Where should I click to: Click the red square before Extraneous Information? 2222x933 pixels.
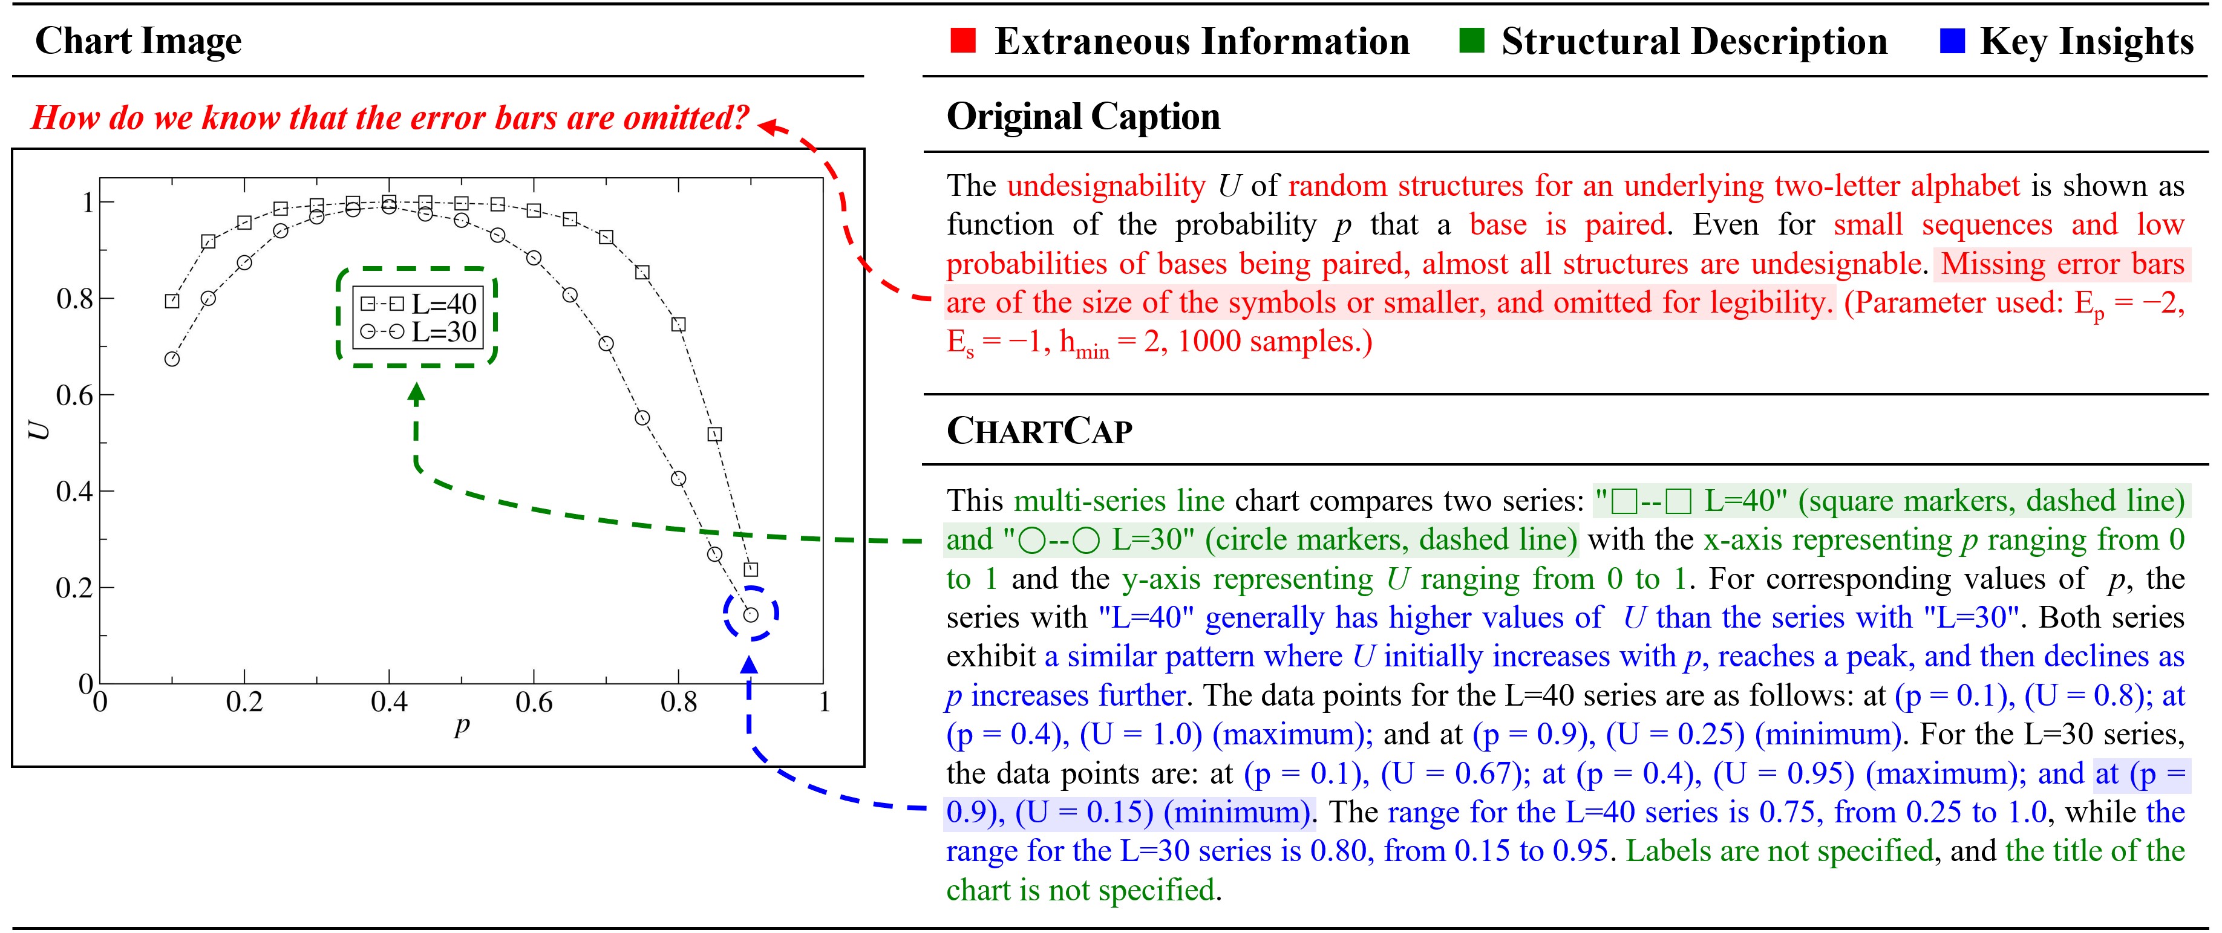[962, 41]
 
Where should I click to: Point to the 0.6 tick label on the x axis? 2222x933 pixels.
[533, 703]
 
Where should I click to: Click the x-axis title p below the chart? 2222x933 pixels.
[462, 726]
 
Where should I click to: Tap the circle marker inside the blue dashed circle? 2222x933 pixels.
[750, 615]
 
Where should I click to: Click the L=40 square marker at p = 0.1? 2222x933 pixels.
[172, 301]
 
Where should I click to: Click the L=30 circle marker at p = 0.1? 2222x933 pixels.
[172, 359]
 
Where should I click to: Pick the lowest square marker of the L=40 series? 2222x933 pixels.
[750, 569]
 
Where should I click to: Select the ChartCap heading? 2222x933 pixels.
[1039, 431]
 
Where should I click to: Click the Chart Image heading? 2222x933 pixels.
[138, 41]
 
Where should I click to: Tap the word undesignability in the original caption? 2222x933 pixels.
[1106, 186]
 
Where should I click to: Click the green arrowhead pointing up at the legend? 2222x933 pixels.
[417, 394]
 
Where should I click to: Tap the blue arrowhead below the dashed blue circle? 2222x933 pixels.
[750, 665]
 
